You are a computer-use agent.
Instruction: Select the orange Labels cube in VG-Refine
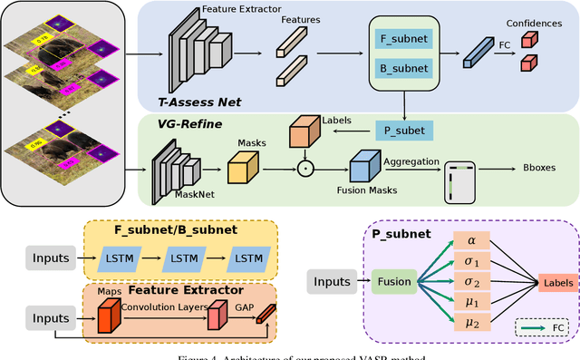pos(304,133)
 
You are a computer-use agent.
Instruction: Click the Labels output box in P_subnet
pos(557,282)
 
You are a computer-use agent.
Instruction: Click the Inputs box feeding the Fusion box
pos(331,282)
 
